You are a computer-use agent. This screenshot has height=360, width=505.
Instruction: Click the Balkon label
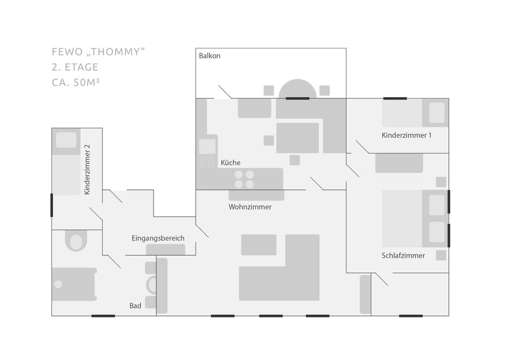tap(209, 56)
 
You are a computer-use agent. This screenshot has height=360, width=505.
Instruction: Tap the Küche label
tap(230, 163)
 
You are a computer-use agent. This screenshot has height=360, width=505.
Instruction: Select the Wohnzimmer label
tap(250, 207)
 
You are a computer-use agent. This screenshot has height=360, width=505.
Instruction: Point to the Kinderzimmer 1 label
tap(407, 136)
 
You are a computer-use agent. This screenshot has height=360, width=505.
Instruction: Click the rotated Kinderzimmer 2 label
tap(87, 173)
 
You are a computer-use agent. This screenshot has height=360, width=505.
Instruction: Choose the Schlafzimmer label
tap(403, 256)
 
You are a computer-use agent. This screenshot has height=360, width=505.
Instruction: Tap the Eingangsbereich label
tap(158, 239)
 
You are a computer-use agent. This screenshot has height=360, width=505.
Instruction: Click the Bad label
tap(135, 306)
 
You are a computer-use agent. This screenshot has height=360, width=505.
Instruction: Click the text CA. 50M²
tap(76, 83)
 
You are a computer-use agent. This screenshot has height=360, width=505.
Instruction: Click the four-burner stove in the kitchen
tap(244, 179)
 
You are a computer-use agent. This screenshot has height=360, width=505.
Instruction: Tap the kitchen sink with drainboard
tap(207, 153)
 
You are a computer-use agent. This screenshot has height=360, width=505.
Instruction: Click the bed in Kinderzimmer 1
tap(415, 113)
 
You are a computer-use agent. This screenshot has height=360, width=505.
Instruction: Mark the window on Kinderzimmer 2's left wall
tap(52, 205)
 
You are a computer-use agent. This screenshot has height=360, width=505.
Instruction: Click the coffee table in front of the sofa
tap(258, 244)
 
